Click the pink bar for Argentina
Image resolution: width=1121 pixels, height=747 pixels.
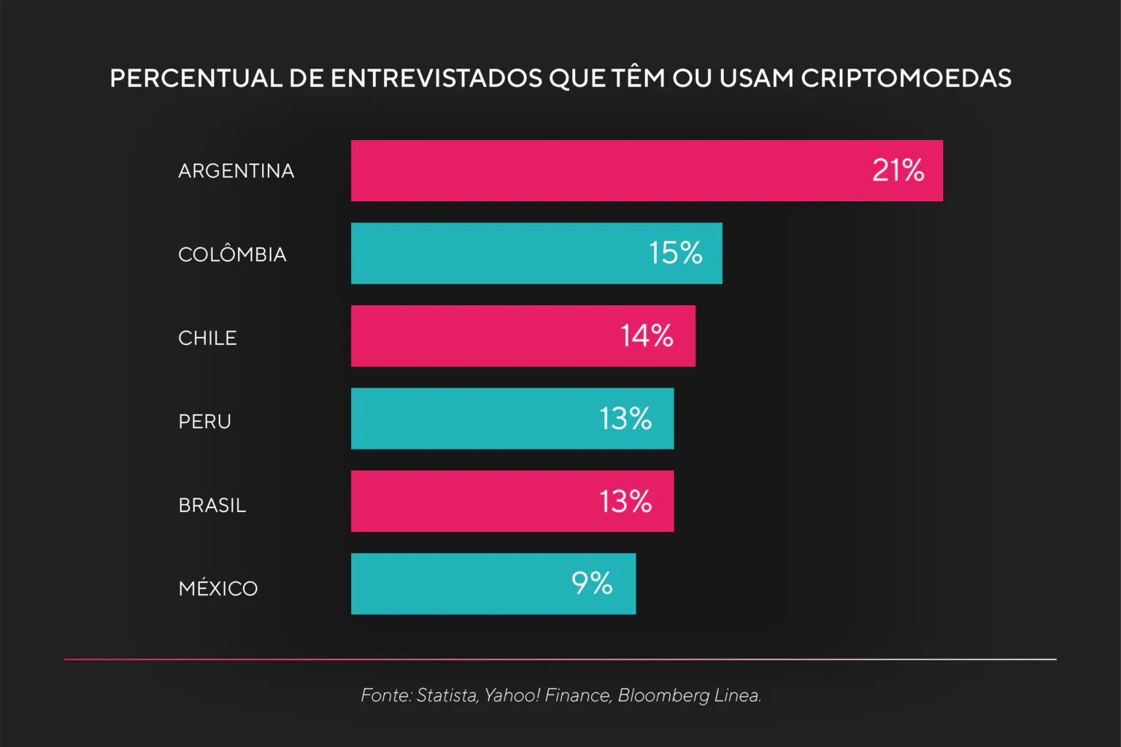606,171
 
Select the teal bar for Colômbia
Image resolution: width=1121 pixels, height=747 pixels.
496,253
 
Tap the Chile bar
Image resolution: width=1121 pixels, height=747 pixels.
482,336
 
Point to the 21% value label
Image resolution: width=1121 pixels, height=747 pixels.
898,171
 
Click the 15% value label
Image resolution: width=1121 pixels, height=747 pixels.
675,253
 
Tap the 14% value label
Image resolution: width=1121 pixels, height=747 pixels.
647,336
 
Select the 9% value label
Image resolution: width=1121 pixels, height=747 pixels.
592,584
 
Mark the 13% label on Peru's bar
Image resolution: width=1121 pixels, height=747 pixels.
625,419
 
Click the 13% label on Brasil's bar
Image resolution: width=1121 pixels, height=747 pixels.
625,501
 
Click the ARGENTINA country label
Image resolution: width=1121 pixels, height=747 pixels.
236,171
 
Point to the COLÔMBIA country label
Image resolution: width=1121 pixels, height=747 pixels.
232,253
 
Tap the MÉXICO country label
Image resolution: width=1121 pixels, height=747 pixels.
218,587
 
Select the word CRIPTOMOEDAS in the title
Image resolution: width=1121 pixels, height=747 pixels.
906,78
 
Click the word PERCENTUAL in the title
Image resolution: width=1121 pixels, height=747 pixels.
196,78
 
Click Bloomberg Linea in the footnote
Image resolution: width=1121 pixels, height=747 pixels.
689,695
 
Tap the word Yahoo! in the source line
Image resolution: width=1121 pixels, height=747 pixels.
512,695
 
